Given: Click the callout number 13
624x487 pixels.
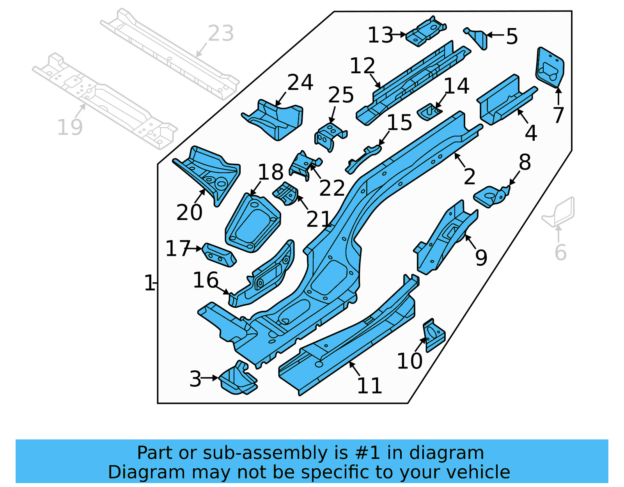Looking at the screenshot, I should tap(380, 35).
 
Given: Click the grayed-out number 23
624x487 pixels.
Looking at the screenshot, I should tap(221, 33).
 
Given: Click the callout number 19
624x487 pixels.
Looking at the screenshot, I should tap(70, 128).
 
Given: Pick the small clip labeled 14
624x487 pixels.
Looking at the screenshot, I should tap(429, 112).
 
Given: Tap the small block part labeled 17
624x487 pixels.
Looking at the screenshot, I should tap(219, 255).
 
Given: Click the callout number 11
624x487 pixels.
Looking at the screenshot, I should tap(369, 386).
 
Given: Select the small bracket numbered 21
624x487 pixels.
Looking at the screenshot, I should tap(286, 194).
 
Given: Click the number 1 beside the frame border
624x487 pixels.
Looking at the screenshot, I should tap(149, 283).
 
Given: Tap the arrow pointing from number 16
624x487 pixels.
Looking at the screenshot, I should tap(222, 290).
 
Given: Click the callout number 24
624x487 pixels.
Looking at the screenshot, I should tap(300, 83).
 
